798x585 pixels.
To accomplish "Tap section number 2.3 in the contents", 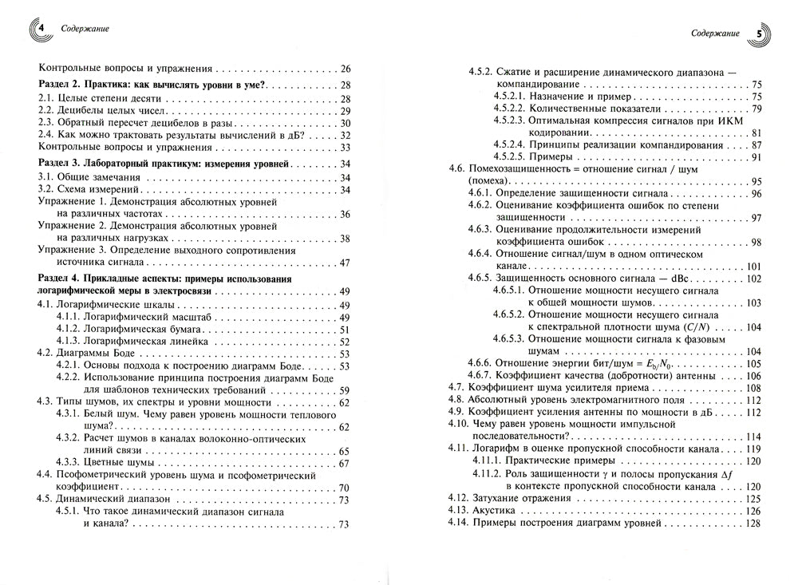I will pos(47,123).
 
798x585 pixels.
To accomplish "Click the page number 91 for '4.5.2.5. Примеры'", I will pos(755,157).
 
